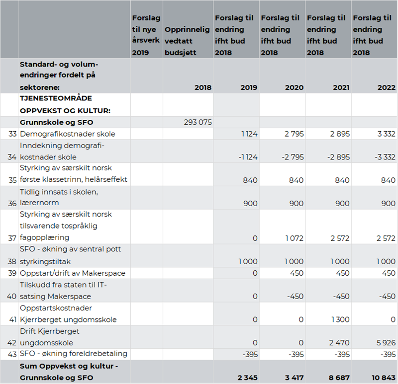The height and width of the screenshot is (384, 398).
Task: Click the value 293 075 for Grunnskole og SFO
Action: click(x=197, y=123)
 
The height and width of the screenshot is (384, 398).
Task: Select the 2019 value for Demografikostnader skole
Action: click(x=247, y=134)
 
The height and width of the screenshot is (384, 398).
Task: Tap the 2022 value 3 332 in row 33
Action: click(x=385, y=134)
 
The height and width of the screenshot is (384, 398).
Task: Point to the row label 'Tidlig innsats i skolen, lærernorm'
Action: click(x=59, y=197)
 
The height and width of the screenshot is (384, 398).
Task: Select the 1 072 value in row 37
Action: click(x=293, y=238)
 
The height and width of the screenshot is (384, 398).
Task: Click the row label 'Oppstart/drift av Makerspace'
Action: click(x=73, y=273)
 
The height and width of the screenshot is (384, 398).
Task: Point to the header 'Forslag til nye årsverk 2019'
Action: click(x=146, y=35)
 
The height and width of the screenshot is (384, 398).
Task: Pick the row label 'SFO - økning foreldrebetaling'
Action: click(x=74, y=354)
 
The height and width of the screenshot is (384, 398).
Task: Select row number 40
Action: click(x=11, y=296)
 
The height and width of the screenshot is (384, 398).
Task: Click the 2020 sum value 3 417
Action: click(x=293, y=378)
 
